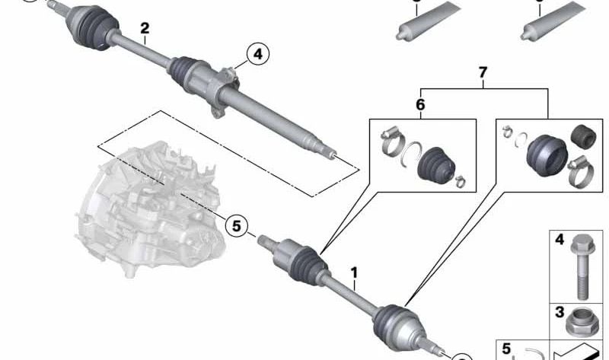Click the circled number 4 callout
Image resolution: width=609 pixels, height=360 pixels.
tap(257, 54)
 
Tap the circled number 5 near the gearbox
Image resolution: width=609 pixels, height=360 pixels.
tap(236, 225)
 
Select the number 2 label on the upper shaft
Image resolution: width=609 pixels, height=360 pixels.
tap(144, 29)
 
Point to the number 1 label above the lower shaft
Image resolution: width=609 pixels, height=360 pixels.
tap(353, 271)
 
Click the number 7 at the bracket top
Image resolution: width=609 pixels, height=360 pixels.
tap(482, 73)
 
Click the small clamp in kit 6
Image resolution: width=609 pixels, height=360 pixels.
tap(460, 180)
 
